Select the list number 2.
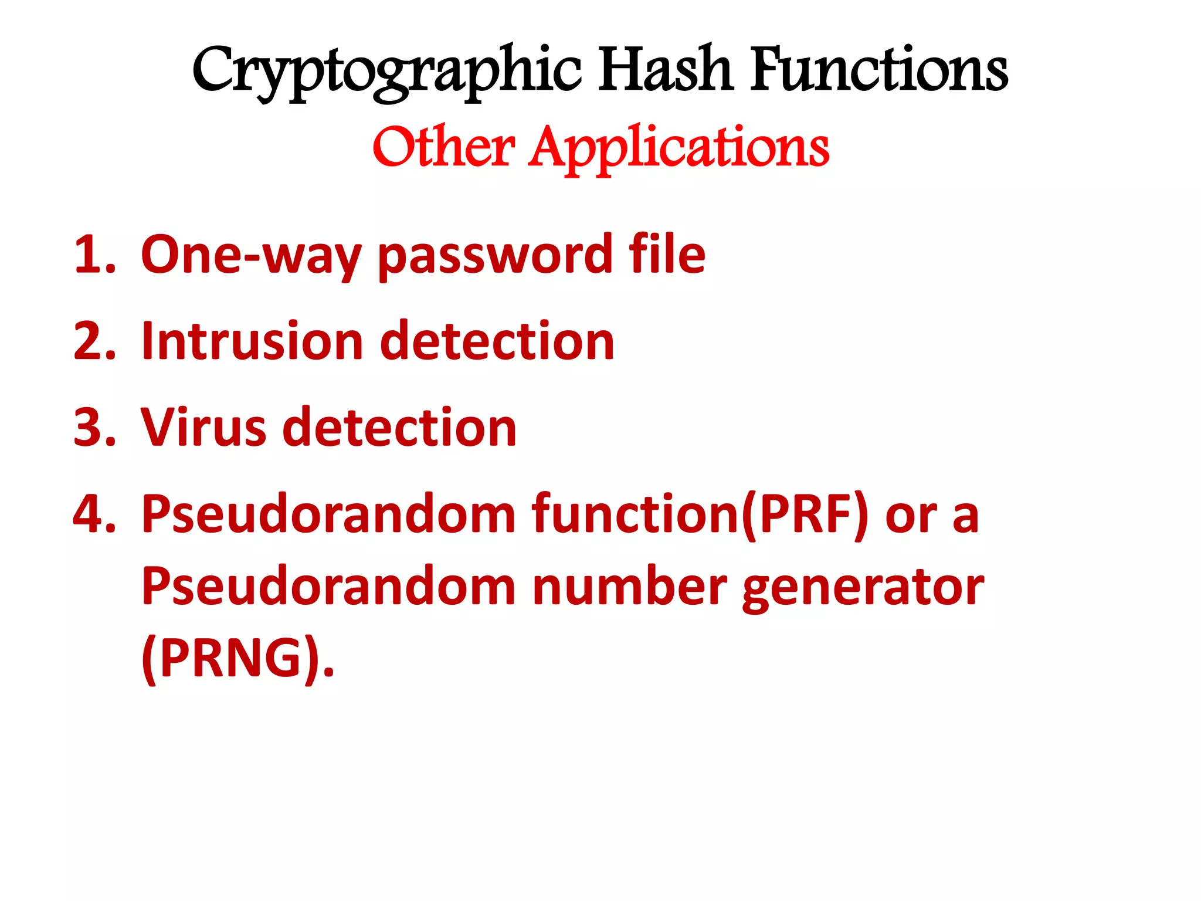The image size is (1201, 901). (94, 341)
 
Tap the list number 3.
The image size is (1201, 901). (94, 427)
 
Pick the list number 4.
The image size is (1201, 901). (94, 514)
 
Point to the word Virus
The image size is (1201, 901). (203, 427)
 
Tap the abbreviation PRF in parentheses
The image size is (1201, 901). (805, 514)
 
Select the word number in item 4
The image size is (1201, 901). (629, 587)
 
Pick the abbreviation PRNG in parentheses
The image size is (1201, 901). (231, 658)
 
